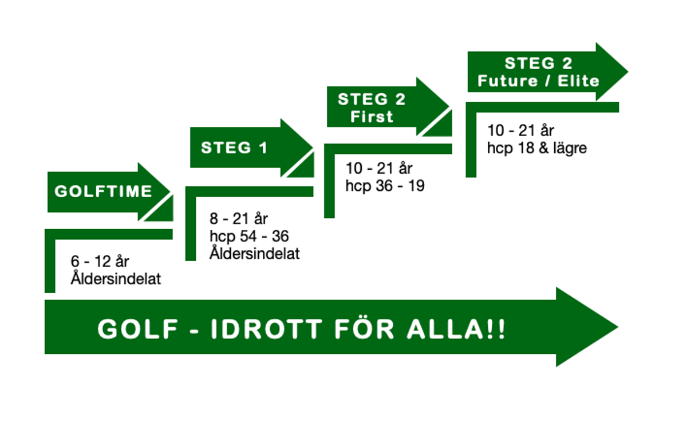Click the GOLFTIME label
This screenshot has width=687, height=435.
104,191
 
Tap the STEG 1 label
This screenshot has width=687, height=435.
234,148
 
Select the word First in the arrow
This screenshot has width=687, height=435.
372,117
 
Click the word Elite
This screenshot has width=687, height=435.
578,81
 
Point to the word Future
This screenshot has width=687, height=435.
508,81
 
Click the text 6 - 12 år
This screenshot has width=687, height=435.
100,261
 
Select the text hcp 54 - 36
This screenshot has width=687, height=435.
249,236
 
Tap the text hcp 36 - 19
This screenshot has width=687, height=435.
385,186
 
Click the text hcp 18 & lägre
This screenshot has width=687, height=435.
537,148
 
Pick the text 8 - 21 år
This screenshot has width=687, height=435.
239,219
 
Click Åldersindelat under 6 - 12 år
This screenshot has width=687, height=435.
116,278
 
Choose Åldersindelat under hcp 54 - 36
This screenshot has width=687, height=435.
255,253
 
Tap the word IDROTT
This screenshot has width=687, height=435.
267,329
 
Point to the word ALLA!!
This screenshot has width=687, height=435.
456,329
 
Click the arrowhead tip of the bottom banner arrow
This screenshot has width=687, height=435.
618,327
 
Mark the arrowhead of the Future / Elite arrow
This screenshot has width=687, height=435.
612,71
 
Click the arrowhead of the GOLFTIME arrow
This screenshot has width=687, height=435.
154,191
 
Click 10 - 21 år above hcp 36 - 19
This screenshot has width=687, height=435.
379,169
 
